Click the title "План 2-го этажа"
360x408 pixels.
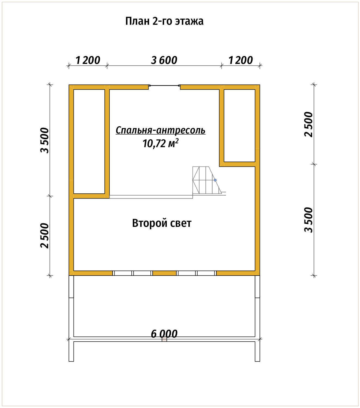pyautogui.click(x=164, y=21)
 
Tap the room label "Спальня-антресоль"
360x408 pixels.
pyautogui.click(x=161, y=130)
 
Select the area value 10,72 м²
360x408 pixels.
pyautogui.click(x=161, y=143)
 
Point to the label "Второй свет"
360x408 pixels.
pyautogui.click(x=162, y=223)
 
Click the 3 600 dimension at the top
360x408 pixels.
pyautogui.click(x=164, y=60)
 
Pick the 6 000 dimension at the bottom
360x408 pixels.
pyautogui.click(x=164, y=334)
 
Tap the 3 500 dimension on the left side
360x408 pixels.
pyautogui.click(x=45, y=140)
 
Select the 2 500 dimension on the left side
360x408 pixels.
pyautogui.click(x=45, y=236)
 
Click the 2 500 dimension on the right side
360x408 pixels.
pyautogui.click(x=308, y=125)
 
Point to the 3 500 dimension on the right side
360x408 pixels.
pyautogui.click(x=308, y=220)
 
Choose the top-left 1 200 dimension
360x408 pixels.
pyautogui.click(x=88, y=60)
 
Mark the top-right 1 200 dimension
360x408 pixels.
pyautogui.click(x=241, y=60)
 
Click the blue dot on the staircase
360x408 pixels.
pyautogui.click(x=215, y=180)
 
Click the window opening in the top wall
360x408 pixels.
pyautogui.click(x=164, y=86)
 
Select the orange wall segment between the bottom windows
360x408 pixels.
pyautogui.click(x=164, y=273)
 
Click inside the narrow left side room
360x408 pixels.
pyautogui.click(x=89, y=141)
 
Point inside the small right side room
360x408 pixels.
pyautogui.click(x=239, y=125)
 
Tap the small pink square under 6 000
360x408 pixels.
pyautogui.click(x=164, y=339)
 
